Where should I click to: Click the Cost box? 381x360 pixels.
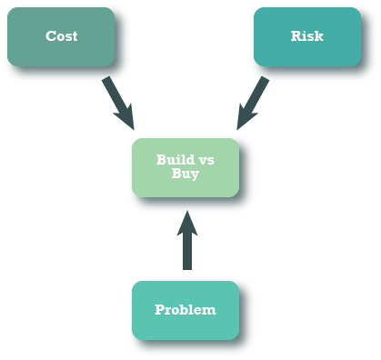[60, 37]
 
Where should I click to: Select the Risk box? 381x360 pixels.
[306, 37]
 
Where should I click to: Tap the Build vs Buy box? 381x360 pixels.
[185, 166]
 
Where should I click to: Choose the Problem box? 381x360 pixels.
[185, 310]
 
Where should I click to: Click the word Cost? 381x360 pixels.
[62, 36]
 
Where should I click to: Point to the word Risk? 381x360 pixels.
[306, 36]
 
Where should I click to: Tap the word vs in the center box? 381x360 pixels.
[206, 160]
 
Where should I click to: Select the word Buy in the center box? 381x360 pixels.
[185, 173]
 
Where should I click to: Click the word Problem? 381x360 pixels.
[185, 310]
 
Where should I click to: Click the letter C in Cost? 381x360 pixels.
[51, 36]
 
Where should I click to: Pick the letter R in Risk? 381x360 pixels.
[296, 36]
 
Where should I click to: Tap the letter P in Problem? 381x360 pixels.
[160, 310]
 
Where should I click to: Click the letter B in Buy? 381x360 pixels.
[176, 173]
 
